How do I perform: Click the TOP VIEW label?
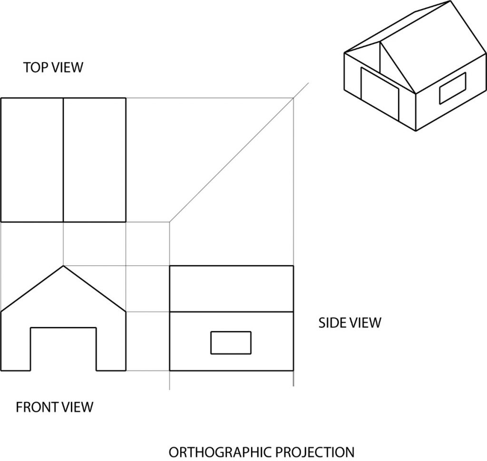(53, 68)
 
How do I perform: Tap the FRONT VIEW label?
(54, 407)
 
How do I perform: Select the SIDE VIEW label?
(350, 323)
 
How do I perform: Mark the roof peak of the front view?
(63, 265)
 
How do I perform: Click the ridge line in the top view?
(63, 160)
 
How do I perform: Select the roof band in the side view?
(232, 289)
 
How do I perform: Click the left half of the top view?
(32, 160)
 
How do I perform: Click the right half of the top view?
(95, 160)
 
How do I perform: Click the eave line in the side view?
(232, 312)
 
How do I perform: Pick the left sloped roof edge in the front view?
(32, 288)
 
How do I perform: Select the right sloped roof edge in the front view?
(95, 288)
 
